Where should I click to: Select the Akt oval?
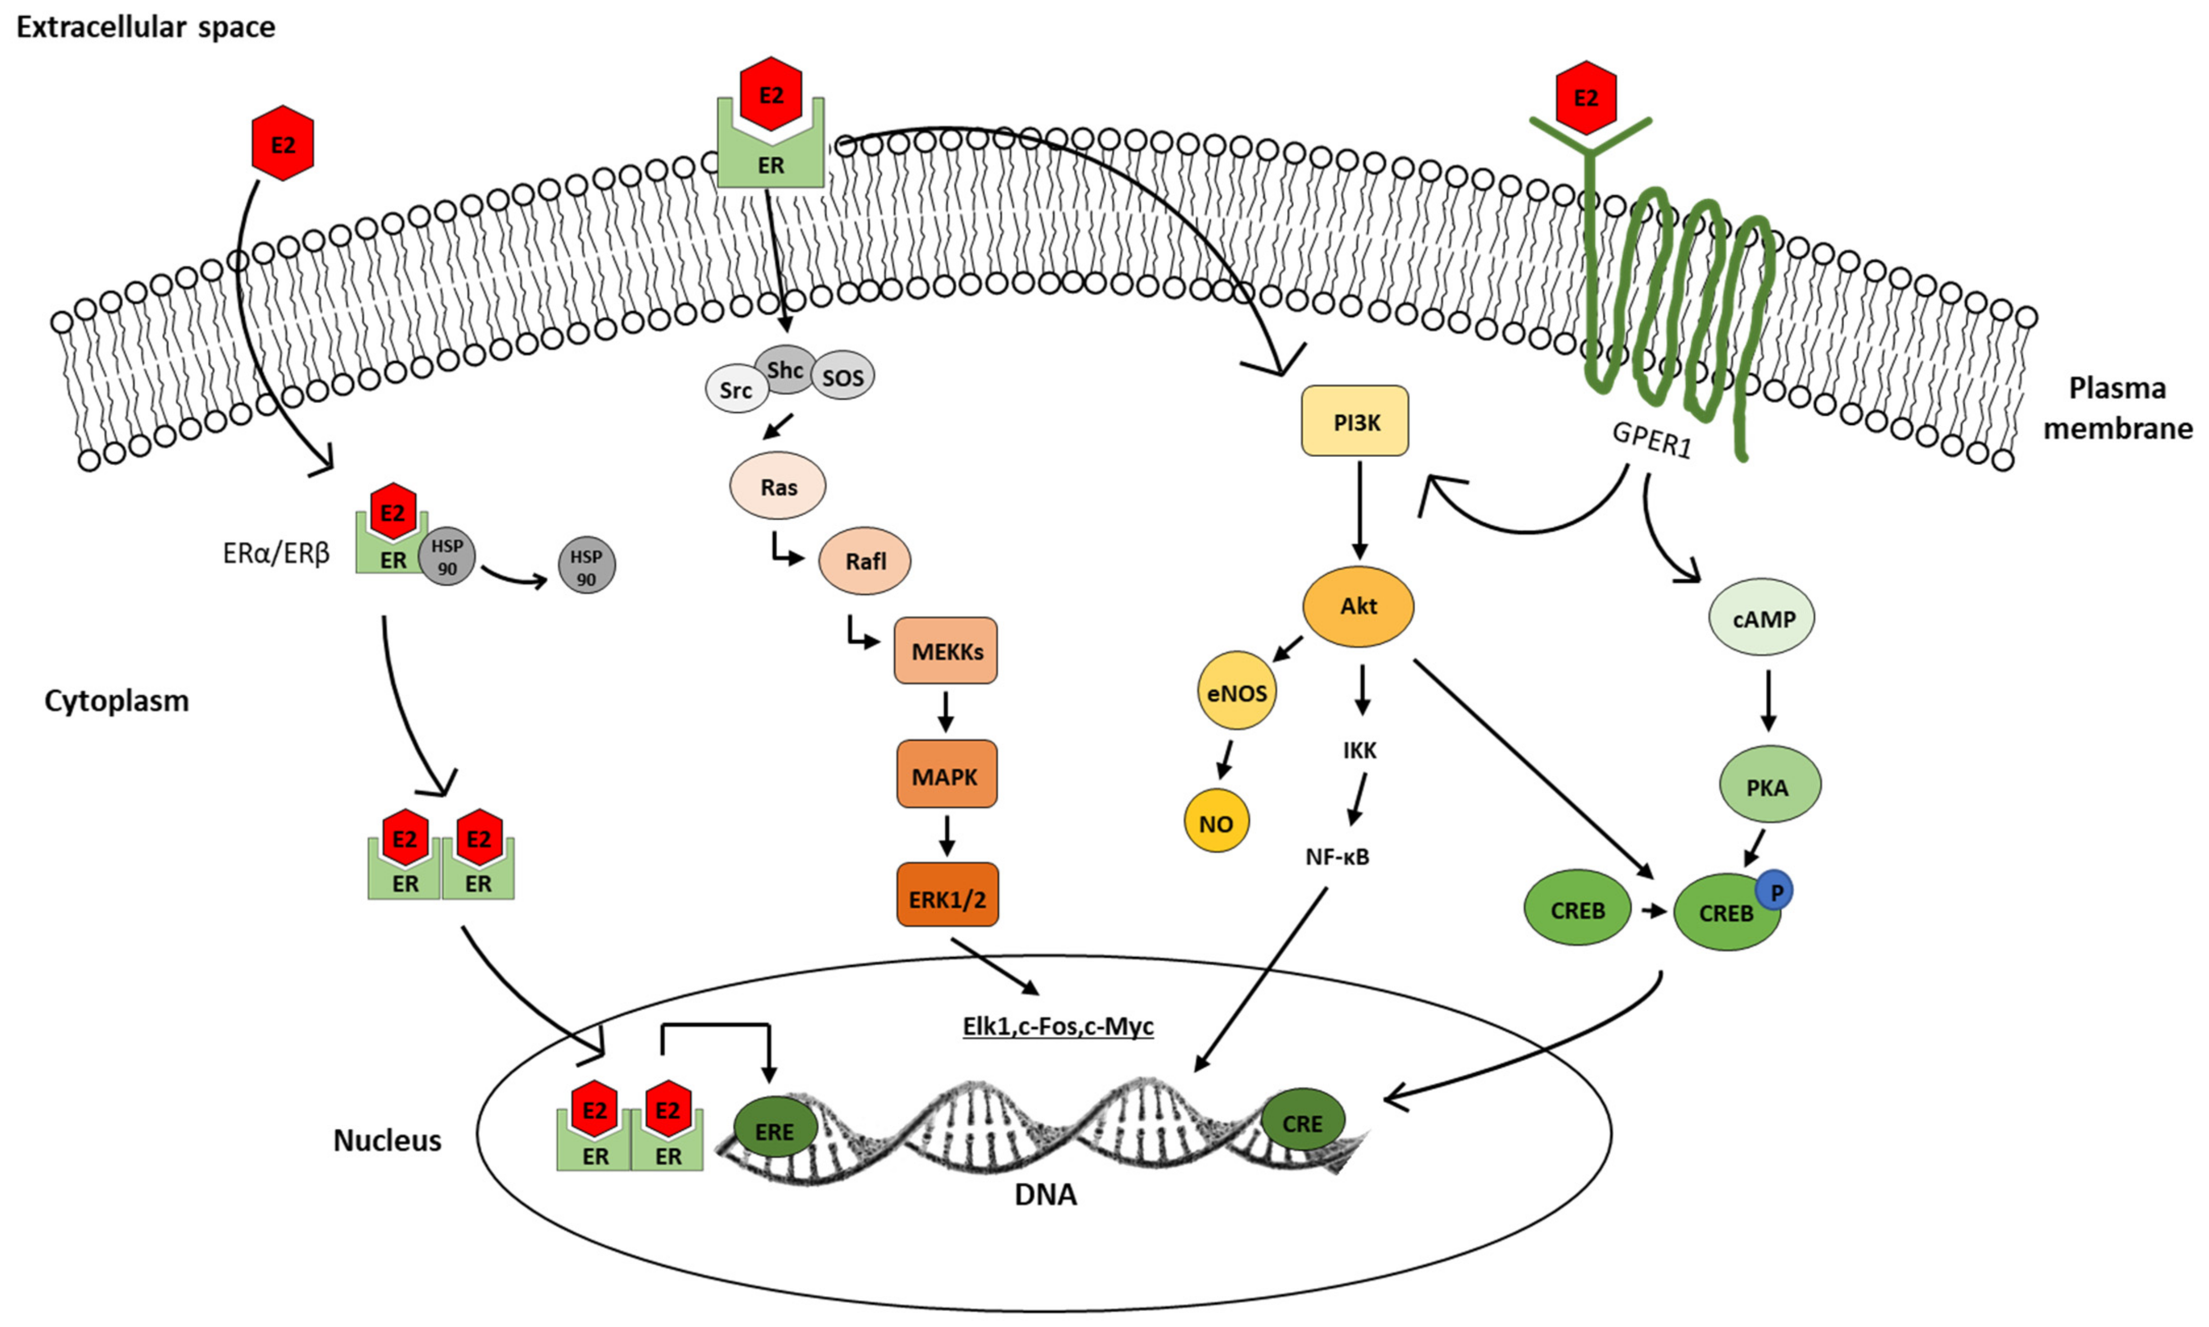pyautogui.click(x=1358, y=606)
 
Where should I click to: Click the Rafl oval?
pyautogui.click(x=865, y=561)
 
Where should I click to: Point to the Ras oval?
pyautogui.click(x=778, y=486)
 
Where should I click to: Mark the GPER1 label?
pyautogui.click(x=1652, y=440)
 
